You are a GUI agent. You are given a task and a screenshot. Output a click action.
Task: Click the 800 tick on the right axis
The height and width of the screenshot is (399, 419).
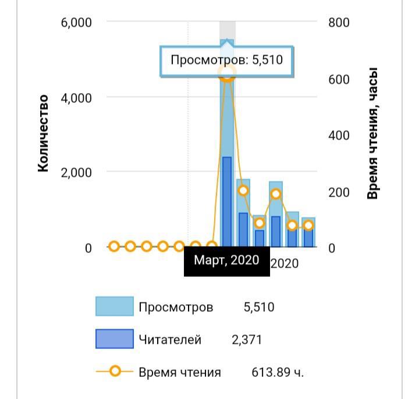[338, 23]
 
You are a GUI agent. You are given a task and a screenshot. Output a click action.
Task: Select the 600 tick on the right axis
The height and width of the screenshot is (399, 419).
[338, 79]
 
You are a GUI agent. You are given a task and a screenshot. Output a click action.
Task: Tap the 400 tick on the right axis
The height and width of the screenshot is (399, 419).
[338, 136]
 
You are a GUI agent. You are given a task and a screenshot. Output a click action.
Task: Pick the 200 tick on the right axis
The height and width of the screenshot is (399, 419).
[338, 192]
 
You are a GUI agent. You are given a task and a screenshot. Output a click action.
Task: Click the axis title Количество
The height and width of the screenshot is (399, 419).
[43, 134]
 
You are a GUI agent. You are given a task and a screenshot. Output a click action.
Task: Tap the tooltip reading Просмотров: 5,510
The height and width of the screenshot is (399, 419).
[226, 60]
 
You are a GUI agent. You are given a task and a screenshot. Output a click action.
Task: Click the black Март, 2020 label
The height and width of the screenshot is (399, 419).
[226, 261]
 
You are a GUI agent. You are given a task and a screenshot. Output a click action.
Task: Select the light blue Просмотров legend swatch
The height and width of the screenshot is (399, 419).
[114, 307]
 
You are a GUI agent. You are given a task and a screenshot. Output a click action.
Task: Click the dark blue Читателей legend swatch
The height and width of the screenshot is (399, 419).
[114, 339]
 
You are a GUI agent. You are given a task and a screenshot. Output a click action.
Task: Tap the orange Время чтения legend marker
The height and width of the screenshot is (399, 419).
[115, 372]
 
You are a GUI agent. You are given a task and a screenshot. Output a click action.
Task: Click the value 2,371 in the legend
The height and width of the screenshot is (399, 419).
[247, 340]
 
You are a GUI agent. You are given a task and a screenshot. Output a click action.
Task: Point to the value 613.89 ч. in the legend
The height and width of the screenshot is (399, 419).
[277, 372]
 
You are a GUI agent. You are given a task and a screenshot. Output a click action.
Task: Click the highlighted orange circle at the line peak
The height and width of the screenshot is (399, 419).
[227, 73]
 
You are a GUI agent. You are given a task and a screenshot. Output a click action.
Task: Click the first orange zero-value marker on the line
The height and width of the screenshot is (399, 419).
[114, 247]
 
